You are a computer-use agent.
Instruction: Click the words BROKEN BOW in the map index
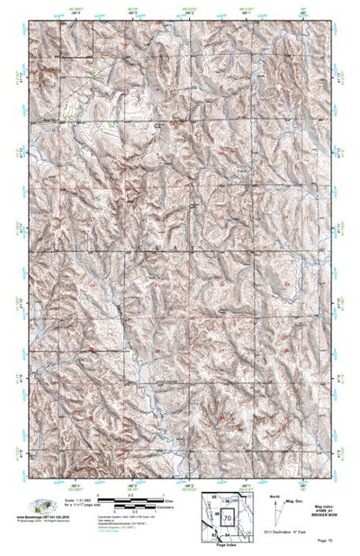pyautogui.click(x=328, y=516)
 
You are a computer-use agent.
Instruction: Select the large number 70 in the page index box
pyautogui.click(x=228, y=517)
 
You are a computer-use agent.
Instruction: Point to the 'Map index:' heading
pyautogui.click(x=328, y=505)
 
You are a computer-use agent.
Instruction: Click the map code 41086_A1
pyautogui.click(x=328, y=510)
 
